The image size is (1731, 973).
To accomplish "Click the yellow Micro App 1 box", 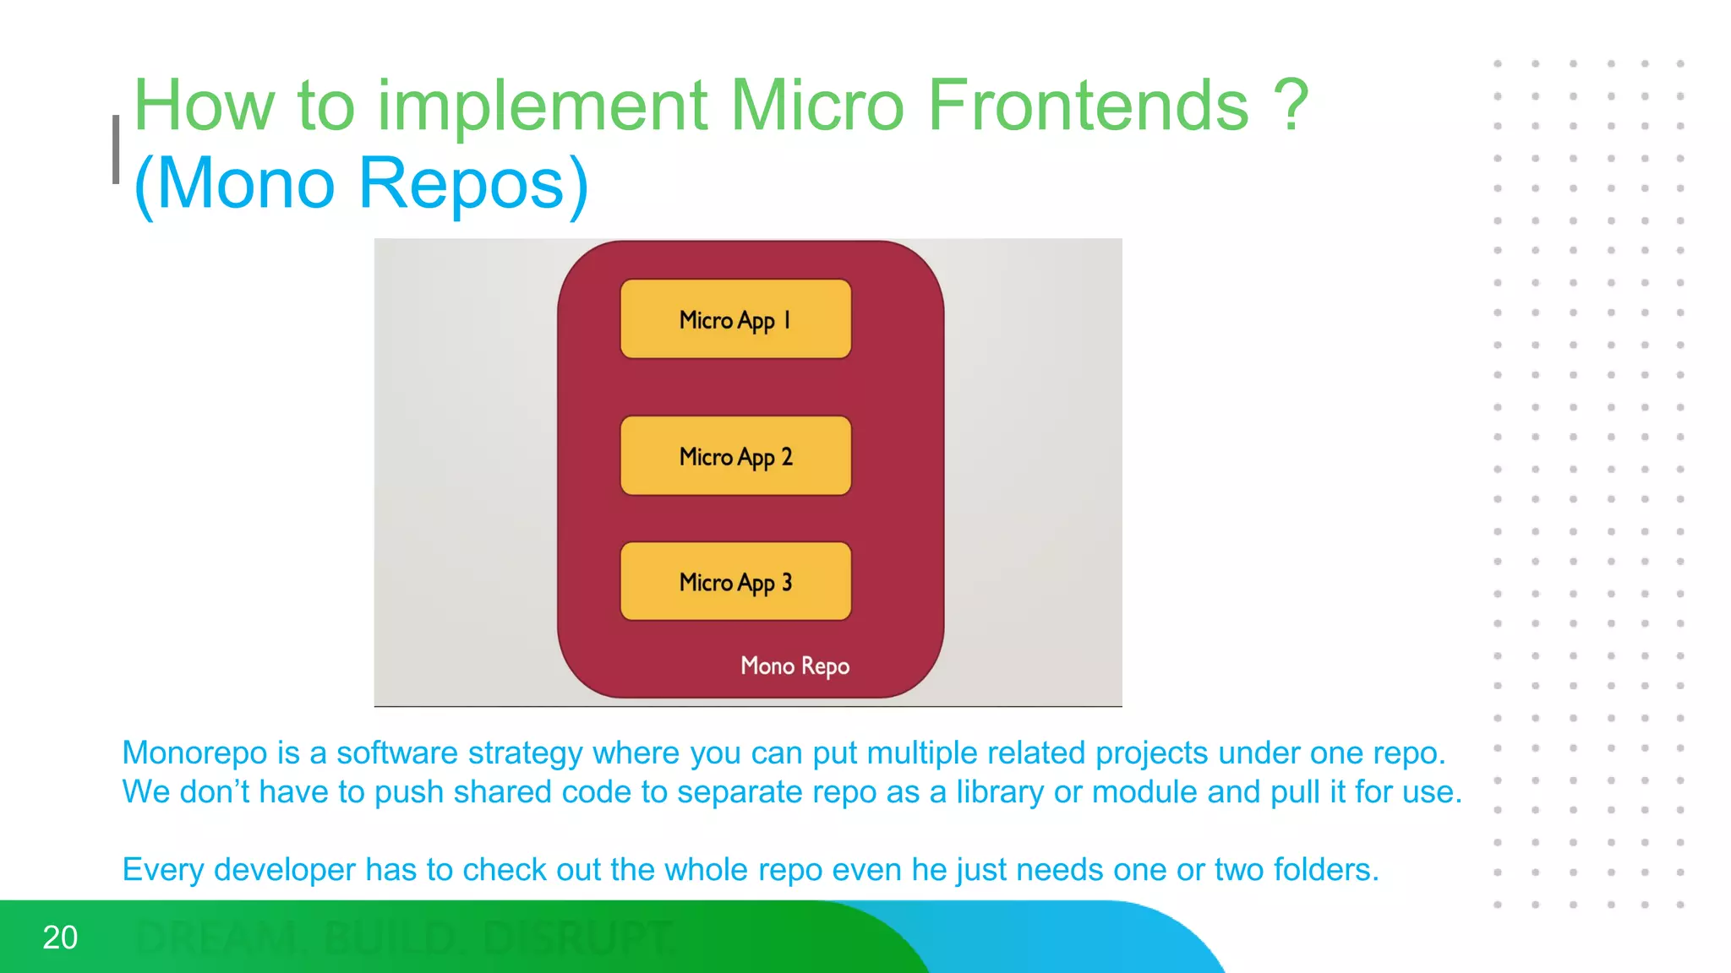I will [x=735, y=319].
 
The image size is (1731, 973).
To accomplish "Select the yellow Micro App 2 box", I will [x=735, y=456].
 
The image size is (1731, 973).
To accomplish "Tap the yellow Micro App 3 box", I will [x=735, y=582].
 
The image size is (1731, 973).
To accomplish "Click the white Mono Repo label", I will [x=795, y=666].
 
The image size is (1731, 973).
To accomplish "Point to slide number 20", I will [x=60, y=938].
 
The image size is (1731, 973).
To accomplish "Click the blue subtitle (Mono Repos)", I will [x=361, y=183].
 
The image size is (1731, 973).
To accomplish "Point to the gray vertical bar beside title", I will [x=116, y=149].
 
